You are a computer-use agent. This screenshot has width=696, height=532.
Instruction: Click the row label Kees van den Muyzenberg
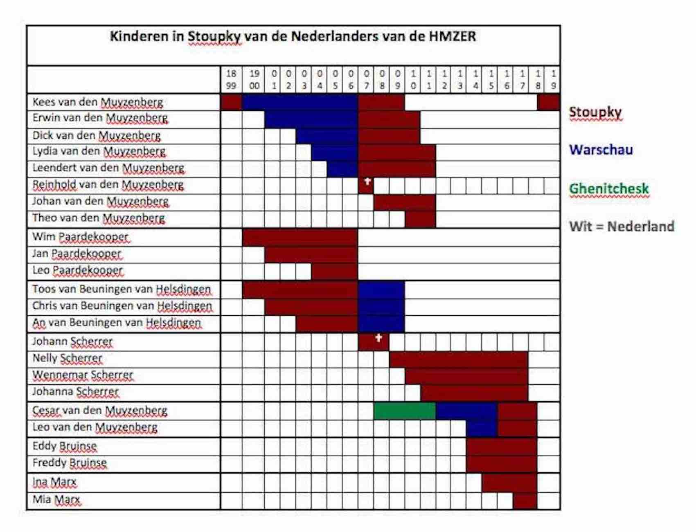[x=97, y=102]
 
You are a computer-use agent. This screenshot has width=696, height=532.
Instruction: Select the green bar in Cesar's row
[x=404, y=411]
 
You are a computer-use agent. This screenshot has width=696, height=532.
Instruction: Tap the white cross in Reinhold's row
[x=367, y=182]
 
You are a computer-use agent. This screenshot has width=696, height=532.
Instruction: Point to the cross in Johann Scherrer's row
[x=378, y=338]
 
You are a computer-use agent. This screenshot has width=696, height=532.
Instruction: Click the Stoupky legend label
[x=595, y=112]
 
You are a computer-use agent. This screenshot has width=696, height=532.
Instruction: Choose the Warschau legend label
[x=601, y=150]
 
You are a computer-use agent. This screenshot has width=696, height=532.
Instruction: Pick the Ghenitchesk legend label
[x=609, y=189]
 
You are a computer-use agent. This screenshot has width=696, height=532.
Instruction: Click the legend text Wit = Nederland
[x=621, y=226]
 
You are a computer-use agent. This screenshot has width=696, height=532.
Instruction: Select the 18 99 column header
[x=231, y=79]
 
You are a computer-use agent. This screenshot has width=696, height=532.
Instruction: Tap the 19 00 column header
[x=254, y=79]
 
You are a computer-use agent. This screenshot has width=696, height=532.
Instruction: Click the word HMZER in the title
[x=452, y=36]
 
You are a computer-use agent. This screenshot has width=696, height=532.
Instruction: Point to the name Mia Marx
[x=56, y=499]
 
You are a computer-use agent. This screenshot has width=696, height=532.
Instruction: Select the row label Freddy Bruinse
[x=70, y=463]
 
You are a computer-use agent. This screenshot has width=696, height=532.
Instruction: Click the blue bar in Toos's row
[x=381, y=290]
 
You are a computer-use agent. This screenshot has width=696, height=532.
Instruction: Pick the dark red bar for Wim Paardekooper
[x=300, y=237]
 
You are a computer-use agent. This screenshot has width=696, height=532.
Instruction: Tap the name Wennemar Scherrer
[x=83, y=375]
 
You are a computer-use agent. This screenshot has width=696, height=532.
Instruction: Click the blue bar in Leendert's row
[x=342, y=169]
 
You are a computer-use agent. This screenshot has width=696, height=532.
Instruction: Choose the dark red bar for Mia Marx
[x=525, y=500]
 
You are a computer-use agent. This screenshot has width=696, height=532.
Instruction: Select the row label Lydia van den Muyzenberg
[x=99, y=151]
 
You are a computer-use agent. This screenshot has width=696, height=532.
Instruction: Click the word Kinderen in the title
[x=139, y=36]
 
